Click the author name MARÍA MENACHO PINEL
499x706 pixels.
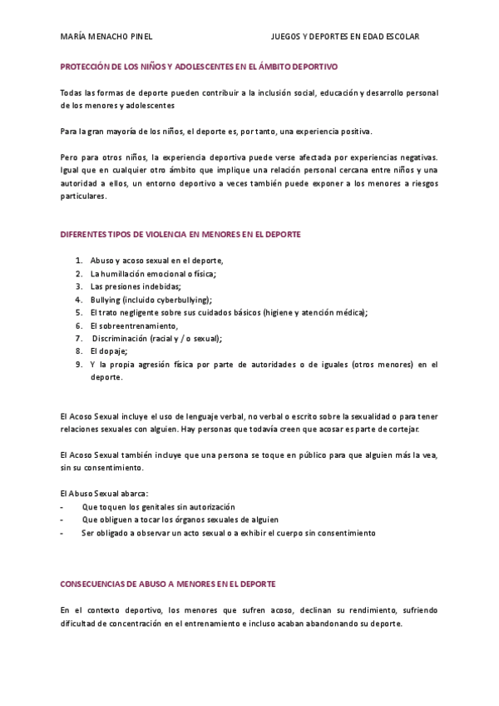[x=106, y=37]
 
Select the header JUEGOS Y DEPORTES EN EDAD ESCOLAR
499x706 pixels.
[x=345, y=37]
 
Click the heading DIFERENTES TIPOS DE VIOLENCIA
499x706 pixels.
[x=180, y=235]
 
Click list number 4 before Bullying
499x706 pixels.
[x=78, y=299]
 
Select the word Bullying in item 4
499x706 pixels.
[x=105, y=299]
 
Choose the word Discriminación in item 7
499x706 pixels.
[x=120, y=339]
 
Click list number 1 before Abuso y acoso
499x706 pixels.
[x=78, y=261]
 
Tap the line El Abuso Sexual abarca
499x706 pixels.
[x=105, y=494]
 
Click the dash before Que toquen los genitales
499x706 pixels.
[x=63, y=507]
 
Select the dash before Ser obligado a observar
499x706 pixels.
[x=63, y=534]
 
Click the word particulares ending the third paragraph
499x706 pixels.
[x=83, y=196]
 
